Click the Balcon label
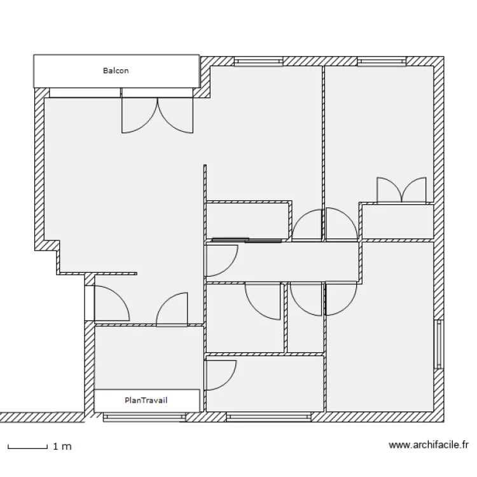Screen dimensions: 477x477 click(116, 71)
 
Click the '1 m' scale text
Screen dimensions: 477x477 click(62, 446)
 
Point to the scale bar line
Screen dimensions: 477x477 click(28, 446)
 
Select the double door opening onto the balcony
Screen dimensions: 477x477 click(158, 113)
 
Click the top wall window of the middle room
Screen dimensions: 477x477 click(258, 62)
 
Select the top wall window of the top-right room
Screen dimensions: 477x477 click(382, 62)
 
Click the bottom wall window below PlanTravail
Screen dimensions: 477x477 click(144, 417)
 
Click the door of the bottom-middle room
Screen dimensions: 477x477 click(219, 374)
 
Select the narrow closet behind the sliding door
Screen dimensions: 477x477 click(248, 221)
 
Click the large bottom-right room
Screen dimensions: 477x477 click(379, 343)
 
